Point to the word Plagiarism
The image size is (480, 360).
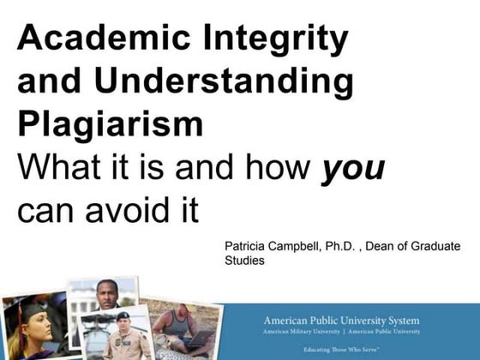click(110, 124)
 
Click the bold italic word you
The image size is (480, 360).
click(352, 167)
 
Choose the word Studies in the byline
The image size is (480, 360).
click(244, 261)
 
